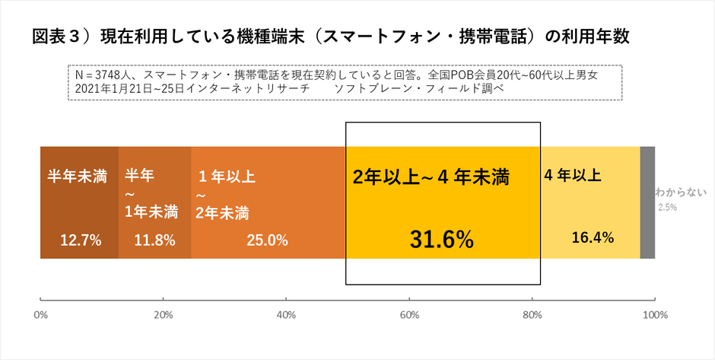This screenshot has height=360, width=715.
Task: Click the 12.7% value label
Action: [x=81, y=241]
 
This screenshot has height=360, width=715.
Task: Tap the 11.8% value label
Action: [x=155, y=241]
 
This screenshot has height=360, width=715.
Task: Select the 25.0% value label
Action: [x=267, y=241]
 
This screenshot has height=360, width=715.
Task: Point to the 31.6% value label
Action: [x=442, y=240]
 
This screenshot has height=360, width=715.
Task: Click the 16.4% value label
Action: [x=593, y=237]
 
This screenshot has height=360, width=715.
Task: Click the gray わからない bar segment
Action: [x=647, y=202]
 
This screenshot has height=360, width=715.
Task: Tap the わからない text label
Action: [x=681, y=193]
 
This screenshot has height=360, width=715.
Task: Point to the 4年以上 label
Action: [x=573, y=175]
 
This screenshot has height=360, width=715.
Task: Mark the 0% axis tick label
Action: [x=42, y=314]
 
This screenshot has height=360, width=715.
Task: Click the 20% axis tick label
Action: [x=162, y=314]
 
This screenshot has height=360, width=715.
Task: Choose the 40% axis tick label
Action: [x=285, y=314]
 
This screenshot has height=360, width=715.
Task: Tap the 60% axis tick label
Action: [x=408, y=314]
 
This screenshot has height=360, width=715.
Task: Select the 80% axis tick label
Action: [x=532, y=314]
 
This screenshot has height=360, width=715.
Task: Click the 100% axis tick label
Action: [x=655, y=314]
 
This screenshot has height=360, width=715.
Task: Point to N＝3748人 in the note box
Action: [x=103, y=76]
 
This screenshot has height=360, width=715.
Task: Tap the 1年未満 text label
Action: [x=151, y=211]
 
